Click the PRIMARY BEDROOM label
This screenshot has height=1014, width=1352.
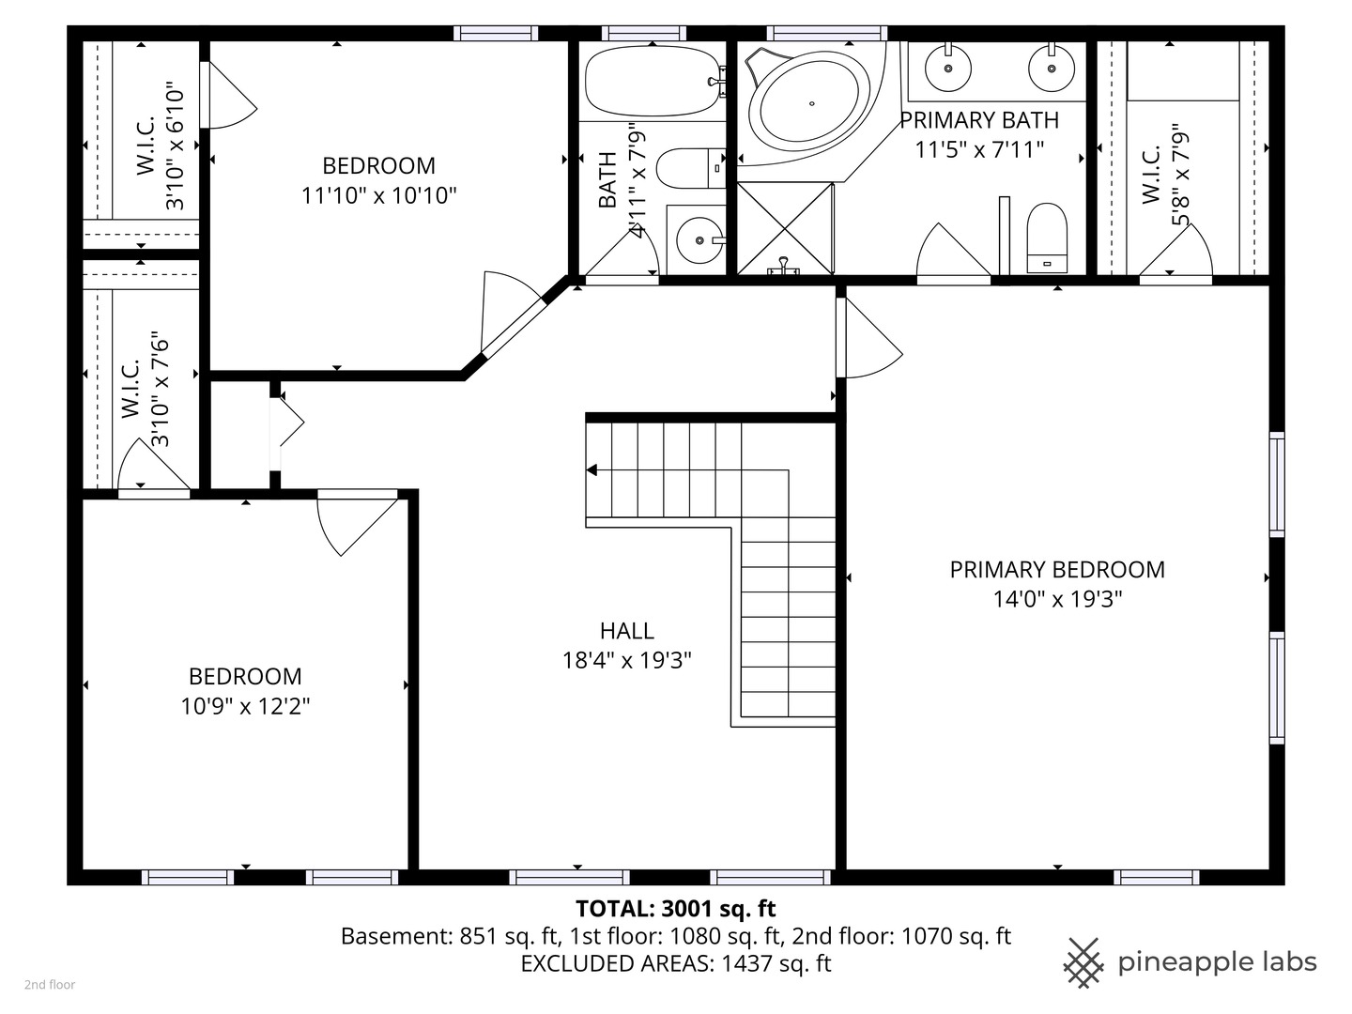(x=1057, y=570)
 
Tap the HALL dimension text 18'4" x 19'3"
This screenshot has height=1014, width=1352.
(x=626, y=661)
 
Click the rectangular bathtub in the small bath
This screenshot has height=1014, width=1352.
(x=650, y=82)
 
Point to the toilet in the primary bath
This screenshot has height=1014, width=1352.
(x=1047, y=238)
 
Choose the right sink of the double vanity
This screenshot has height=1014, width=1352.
(x=1051, y=68)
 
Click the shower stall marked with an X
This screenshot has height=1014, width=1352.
(x=785, y=228)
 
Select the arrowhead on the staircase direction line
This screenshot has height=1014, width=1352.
(x=592, y=469)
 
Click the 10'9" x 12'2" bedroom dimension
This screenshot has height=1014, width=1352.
(x=245, y=706)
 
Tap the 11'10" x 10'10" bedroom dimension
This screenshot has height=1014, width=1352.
(x=378, y=195)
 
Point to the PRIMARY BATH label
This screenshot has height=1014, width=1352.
(x=979, y=120)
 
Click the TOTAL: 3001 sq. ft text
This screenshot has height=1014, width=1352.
(x=675, y=908)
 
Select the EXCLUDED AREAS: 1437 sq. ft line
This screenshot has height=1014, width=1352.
(x=675, y=963)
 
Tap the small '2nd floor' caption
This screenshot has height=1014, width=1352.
(x=50, y=985)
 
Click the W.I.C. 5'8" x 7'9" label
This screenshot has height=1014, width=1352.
(x=1164, y=175)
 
